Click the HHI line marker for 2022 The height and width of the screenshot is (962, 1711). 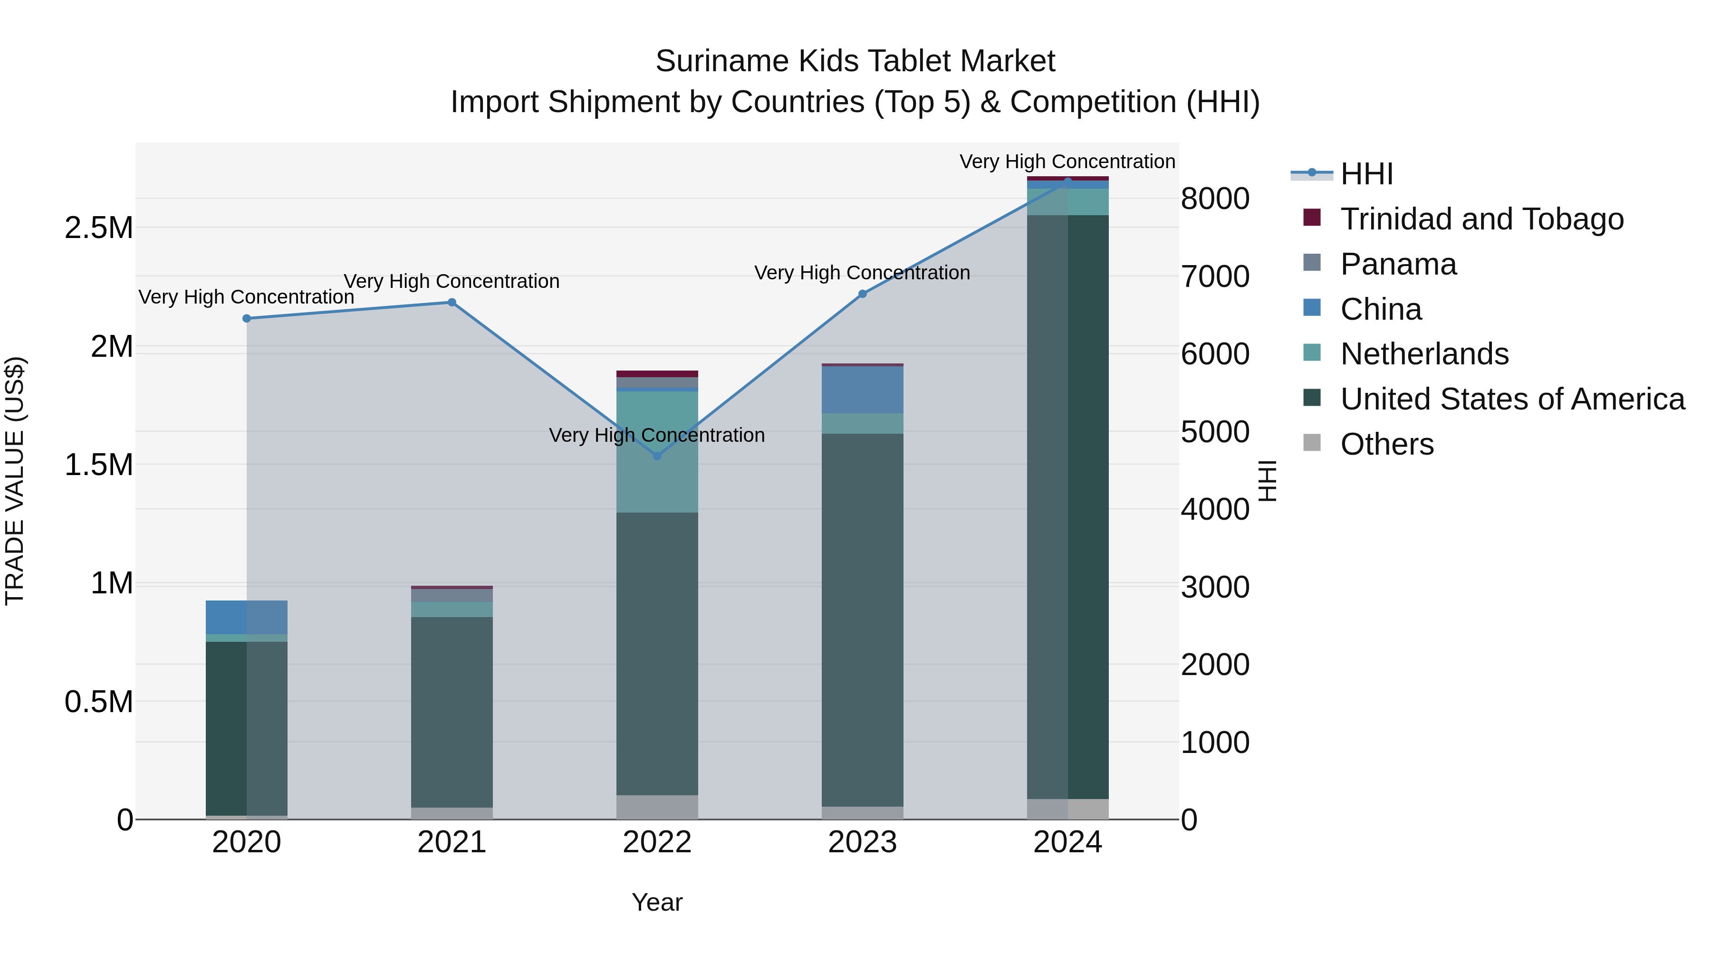click(x=657, y=456)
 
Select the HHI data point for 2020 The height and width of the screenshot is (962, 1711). click(x=246, y=319)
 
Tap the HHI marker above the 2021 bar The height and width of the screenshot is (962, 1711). click(x=452, y=303)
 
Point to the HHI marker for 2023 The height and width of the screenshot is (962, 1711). click(x=862, y=294)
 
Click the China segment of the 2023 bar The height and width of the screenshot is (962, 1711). click(x=862, y=390)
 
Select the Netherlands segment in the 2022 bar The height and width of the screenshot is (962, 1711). click(x=657, y=451)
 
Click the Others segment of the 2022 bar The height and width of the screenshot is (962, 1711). click(x=657, y=807)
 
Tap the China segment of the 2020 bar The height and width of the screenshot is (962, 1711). click(x=246, y=618)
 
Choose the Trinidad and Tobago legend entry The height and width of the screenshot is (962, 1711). click(x=1481, y=219)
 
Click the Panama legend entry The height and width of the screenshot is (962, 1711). click(x=1398, y=264)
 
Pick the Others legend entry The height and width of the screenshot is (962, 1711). click(x=1387, y=444)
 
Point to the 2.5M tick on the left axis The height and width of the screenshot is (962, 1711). click(x=99, y=228)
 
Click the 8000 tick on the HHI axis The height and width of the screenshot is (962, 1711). click(x=1215, y=199)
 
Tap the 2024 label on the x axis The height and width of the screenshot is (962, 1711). click(x=1067, y=842)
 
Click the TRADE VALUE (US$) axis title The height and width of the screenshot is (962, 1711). click(x=15, y=481)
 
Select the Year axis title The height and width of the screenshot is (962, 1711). click(x=657, y=902)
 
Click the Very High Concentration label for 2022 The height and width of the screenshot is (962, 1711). click(x=657, y=436)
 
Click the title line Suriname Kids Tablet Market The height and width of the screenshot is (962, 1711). click(x=855, y=61)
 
